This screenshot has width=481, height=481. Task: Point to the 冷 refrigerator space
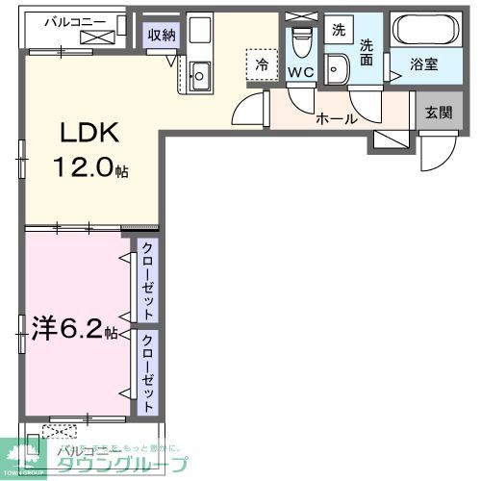[261, 64]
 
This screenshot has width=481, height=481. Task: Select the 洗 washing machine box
[338, 29]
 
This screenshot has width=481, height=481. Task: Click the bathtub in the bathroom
[427, 34]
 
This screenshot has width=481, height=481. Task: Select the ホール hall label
[336, 119]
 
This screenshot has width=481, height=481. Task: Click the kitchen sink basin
[201, 72]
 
